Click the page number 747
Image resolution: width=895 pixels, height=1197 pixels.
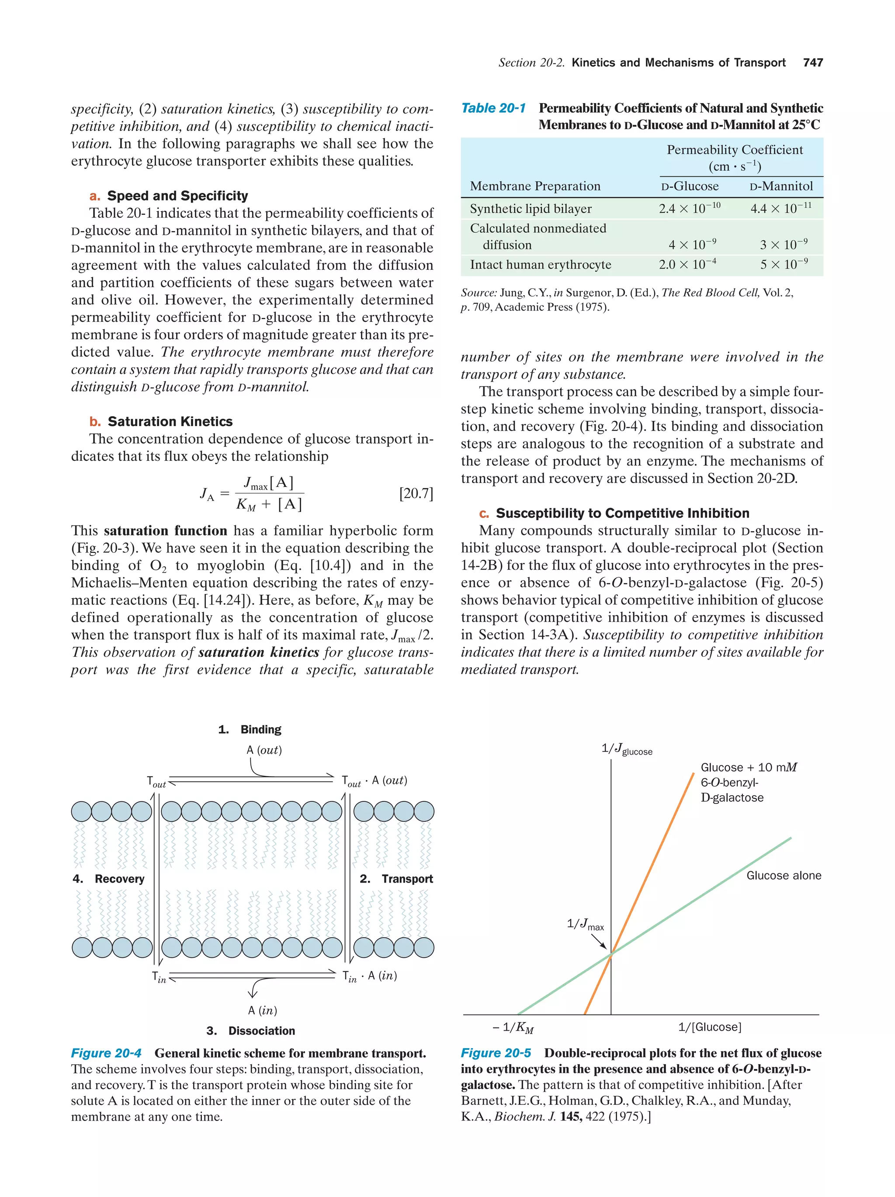point(813,63)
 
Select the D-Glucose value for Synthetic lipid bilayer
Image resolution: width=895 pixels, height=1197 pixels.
point(689,208)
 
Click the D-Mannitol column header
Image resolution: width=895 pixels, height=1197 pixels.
point(781,186)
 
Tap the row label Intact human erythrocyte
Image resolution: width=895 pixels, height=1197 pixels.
point(540,265)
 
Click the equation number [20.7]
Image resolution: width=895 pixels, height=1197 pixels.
point(416,493)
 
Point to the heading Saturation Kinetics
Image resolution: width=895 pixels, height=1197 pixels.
point(170,421)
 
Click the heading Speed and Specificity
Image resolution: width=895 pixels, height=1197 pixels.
point(177,196)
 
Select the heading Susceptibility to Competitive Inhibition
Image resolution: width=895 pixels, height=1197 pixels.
point(622,513)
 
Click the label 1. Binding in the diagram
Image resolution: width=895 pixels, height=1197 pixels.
point(250,729)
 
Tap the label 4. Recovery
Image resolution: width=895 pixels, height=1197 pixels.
point(108,879)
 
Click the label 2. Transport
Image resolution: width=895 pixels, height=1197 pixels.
point(396,879)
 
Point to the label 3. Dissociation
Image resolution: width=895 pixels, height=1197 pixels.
point(251,1031)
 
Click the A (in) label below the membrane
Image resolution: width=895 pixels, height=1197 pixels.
point(262,1010)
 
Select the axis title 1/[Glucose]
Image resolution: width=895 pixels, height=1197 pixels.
point(709,1027)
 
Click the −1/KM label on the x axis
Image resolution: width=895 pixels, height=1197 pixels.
point(512,1027)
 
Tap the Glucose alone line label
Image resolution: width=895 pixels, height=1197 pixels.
point(783,876)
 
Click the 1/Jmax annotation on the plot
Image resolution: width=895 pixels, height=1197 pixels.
point(585,924)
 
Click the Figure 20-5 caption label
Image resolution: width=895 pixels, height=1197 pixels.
point(496,1053)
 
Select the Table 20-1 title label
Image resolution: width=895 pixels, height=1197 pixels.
point(493,108)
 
